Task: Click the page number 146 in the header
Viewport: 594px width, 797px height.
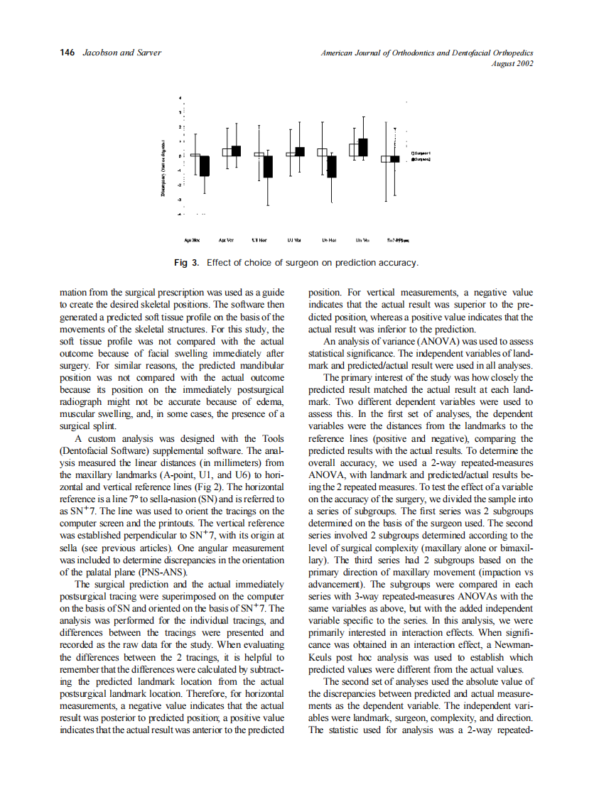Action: [x=67, y=53]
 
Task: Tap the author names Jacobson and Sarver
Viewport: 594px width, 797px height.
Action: [x=121, y=53]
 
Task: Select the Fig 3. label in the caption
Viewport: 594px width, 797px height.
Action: [x=188, y=263]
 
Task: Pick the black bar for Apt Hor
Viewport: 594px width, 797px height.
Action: [x=205, y=166]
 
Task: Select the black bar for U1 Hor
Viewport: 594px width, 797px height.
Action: [x=268, y=166]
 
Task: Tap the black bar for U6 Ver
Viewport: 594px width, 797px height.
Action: [x=363, y=146]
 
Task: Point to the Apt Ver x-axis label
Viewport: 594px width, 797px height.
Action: [x=227, y=240]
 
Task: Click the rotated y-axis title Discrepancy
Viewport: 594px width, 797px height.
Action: [x=164, y=170]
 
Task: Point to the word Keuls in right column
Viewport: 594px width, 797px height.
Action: [x=322, y=658]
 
